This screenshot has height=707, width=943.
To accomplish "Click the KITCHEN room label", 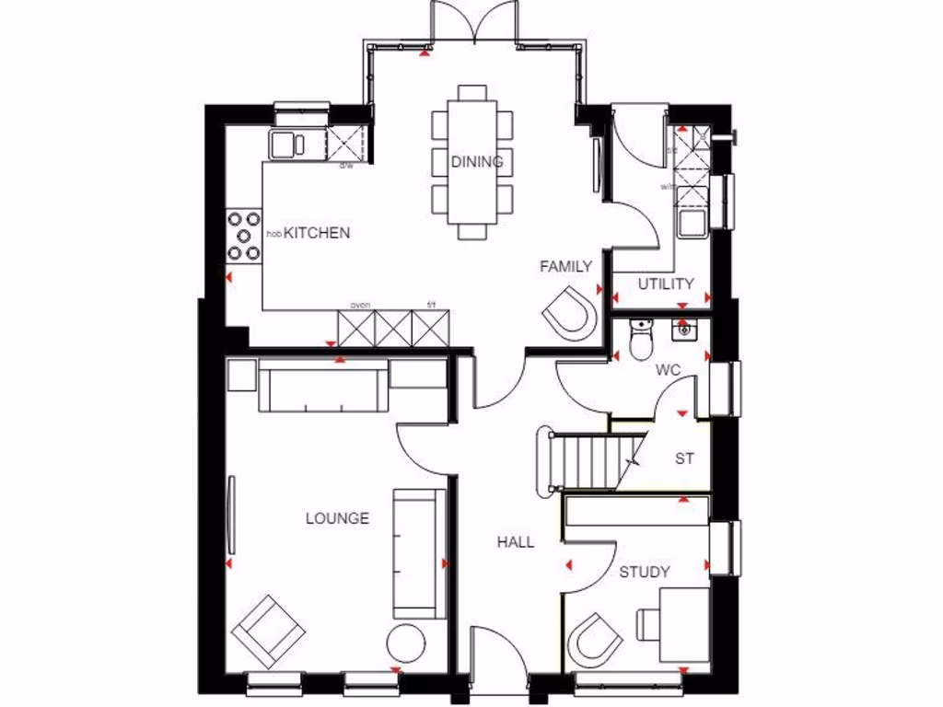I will (316, 233).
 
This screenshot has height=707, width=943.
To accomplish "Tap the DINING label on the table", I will (477, 162).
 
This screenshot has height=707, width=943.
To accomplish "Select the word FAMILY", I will (565, 267).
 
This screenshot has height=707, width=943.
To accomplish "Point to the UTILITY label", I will (666, 284).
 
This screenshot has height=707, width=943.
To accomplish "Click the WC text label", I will (668, 370).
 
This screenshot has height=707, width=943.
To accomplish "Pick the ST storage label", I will (684, 458).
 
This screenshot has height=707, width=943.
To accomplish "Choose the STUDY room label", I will (644, 572).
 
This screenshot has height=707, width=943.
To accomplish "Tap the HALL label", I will (516, 542).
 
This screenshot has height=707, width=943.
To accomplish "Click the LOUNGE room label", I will (337, 518).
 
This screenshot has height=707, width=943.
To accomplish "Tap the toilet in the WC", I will (639, 339).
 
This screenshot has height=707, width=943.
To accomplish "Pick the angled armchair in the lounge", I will (268, 631).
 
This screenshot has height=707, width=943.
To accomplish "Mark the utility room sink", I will (690, 222).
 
